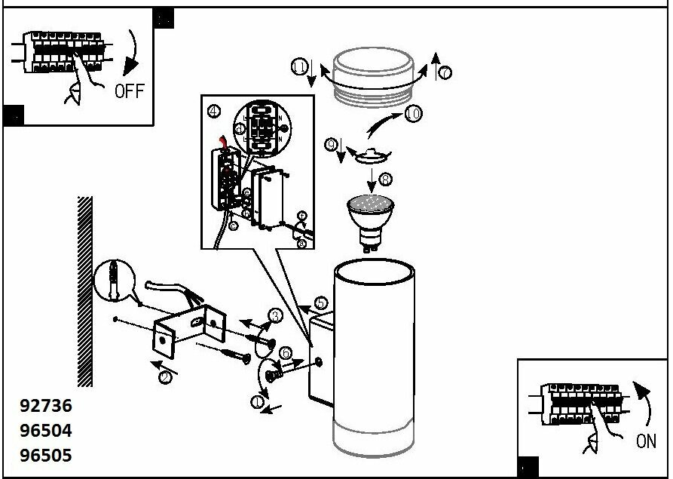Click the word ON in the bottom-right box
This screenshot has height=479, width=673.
(646, 441)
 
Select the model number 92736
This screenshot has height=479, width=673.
(46, 406)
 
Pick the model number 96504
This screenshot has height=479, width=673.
(46, 431)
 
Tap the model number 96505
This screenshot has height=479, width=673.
(46, 456)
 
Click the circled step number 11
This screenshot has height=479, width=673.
(299, 68)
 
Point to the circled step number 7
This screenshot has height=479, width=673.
(445, 72)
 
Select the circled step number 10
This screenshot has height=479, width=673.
(412, 114)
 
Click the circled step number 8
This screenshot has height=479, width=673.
(386, 180)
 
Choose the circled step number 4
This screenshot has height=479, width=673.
(214, 112)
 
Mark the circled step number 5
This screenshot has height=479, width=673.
(321, 304)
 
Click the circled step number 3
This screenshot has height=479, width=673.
(275, 316)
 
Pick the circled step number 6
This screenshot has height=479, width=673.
(286, 353)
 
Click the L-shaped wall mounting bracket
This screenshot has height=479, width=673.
(185, 332)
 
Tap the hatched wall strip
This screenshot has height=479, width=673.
(85, 290)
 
